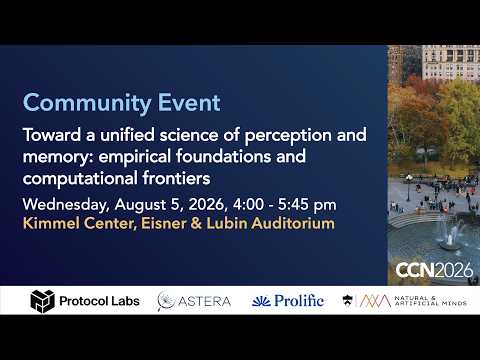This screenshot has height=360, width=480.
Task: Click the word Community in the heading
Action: [x=87, y=103]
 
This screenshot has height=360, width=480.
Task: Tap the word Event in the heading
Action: [x=189, y=102]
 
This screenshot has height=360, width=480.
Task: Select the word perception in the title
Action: [x=288, y=136]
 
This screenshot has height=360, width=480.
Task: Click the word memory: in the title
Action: [x=58, y=157]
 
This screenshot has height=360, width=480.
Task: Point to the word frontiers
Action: [x=176, y=178]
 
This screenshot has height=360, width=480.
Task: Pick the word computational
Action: [x=80, y=179]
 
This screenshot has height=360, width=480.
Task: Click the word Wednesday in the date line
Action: [x=66, y=205]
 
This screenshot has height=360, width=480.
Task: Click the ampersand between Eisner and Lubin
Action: [x=196, y=223]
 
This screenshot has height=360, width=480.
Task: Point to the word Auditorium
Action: [x=293, y=223]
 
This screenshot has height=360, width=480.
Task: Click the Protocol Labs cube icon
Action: [x=42, y=301]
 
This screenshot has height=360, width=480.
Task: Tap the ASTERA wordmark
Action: [x=204, y=301]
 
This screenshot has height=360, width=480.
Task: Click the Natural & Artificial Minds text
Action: [x=430, y=301]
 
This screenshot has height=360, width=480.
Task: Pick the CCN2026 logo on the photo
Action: [x=434, y=270]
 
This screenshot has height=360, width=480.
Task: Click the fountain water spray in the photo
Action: [x=450, y=233]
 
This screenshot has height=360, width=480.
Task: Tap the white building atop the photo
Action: [x=451, y=63]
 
